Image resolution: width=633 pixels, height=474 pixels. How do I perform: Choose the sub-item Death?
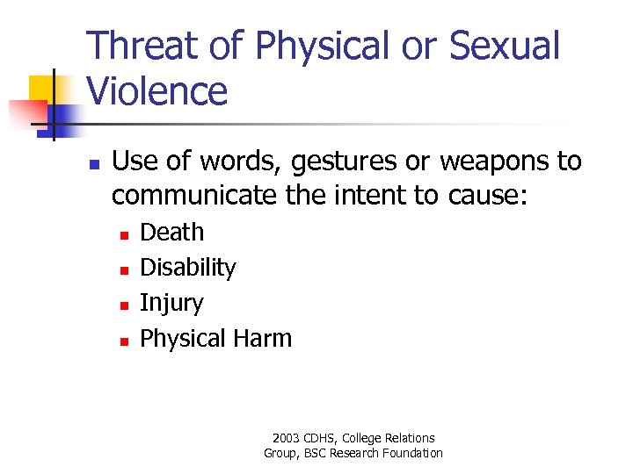(172, 233)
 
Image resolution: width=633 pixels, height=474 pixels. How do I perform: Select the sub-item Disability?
(188, 268)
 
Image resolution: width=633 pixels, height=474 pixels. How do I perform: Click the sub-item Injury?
(171, 304)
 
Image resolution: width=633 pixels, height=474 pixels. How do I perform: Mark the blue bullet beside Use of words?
(95, 164)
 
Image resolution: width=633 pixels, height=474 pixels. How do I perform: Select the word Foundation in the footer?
(412, 453)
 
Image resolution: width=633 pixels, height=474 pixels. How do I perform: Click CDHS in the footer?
(321, 438)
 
